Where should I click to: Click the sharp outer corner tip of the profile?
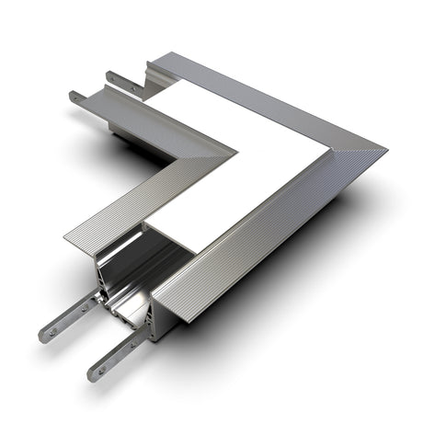385,146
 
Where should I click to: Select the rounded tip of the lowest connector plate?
93,375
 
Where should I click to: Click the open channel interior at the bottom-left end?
124,276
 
